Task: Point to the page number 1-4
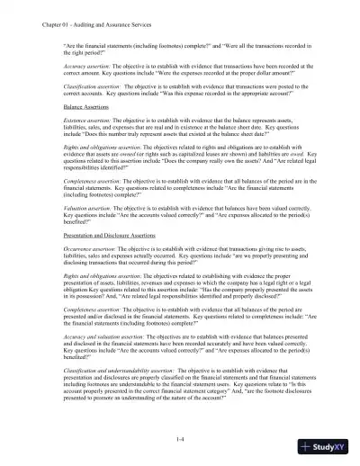click(181, 437)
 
